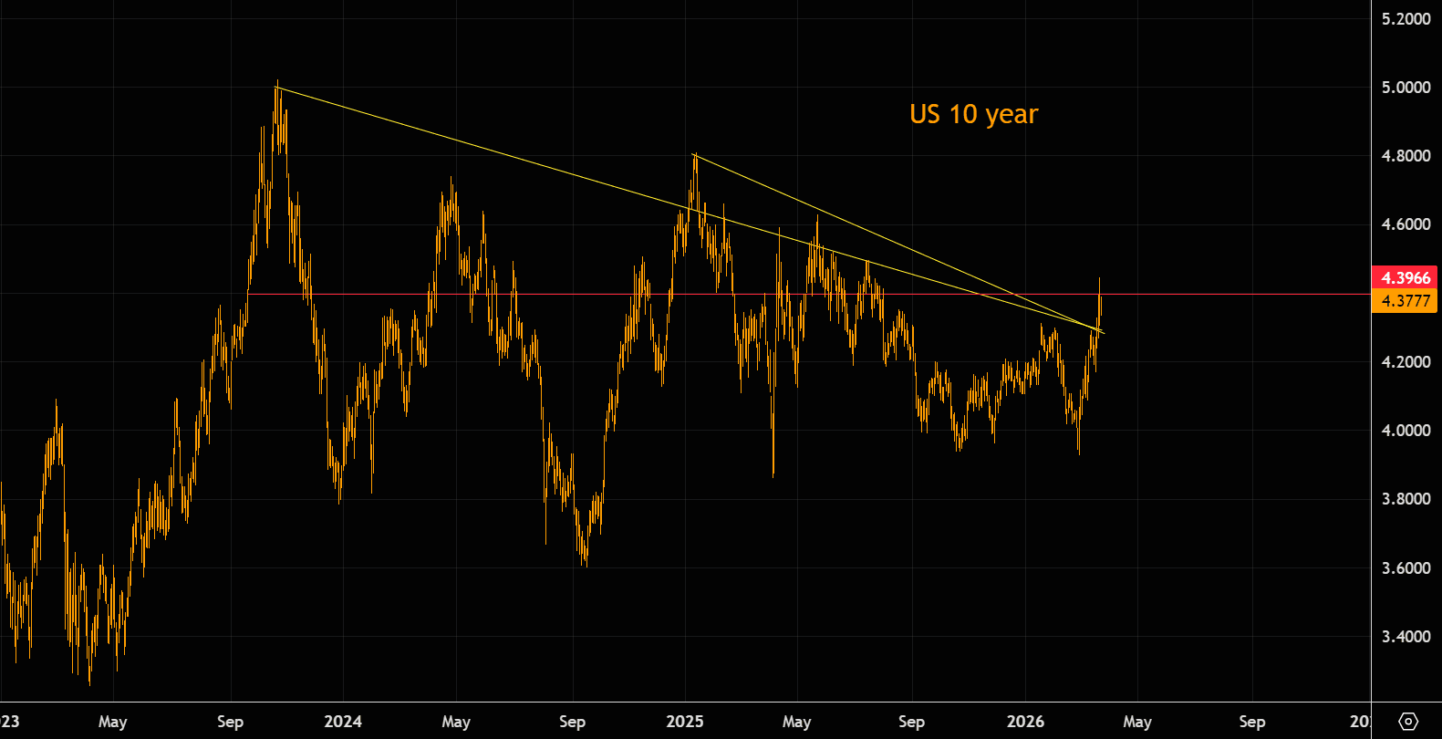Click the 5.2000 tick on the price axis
coord(1406,18)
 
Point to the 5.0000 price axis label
coord(1406,88)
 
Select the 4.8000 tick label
coord(1406,156)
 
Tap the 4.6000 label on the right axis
coord(1406,224)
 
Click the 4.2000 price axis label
coord(1406,362)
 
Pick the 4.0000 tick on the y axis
coord(1406,431)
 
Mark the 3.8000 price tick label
coord(1406,499)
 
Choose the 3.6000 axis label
coord(1406,568)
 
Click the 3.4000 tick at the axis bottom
coord(1406,637)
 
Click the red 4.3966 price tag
coord(1405,278)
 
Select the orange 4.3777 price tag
coord(1405,301)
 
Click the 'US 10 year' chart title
coord(973,114)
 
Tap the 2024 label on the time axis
coord(343,722)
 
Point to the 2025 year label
coord(685,722)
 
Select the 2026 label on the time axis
coord(1025,722)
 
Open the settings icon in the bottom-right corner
coord(1407,722)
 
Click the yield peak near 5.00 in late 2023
coord(277,84)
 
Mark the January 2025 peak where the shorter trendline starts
coord(695,155)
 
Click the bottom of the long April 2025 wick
coord(773,475)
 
